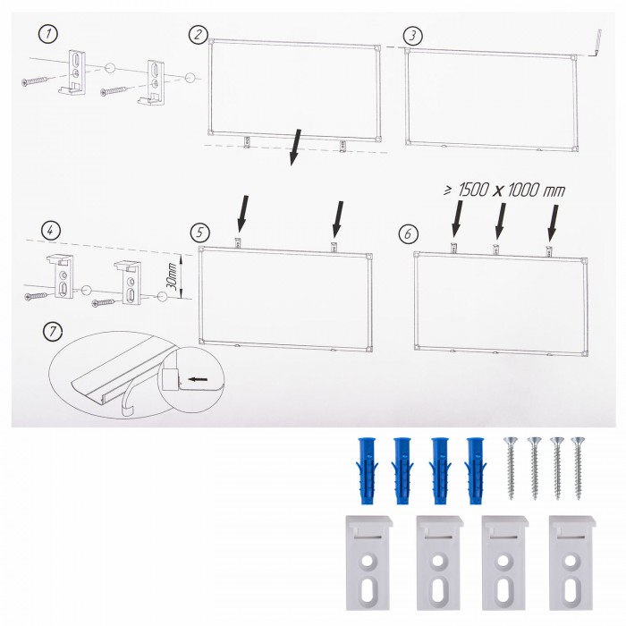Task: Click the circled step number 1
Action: pyautogui.click(x=48, y=34)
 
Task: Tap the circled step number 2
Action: pyautogui.click(x=198, y=34)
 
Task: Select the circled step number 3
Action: pyautogui.click(x=413, y=36)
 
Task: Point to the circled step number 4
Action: pyautogui.click(x=51, y=231)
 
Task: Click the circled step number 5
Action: pyautogui.click(x=200, y=233)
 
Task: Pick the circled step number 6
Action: pyautogui.click(x=409, y=233)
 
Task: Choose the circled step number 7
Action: pyautogui.click(x=53, y=332)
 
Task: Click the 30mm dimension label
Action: pyautogui.click(x=173, y=276)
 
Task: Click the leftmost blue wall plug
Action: pyautogui.click(x=366, y=470)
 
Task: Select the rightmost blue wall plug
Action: pyautogui.click(x=476, y=470)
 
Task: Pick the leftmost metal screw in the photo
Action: pyautogui.click(x=511, y=468)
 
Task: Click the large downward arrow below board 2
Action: pyautogui.click(x=295, y=147)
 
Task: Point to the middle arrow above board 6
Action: pyautogui.click(x=500, y=221)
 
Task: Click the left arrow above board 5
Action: pyautogui.click(x=242, y=213)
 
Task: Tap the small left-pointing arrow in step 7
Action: pyautogui.click(x=198, y=379)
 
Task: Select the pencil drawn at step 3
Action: pyautogui.click(x=596, y=42)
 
